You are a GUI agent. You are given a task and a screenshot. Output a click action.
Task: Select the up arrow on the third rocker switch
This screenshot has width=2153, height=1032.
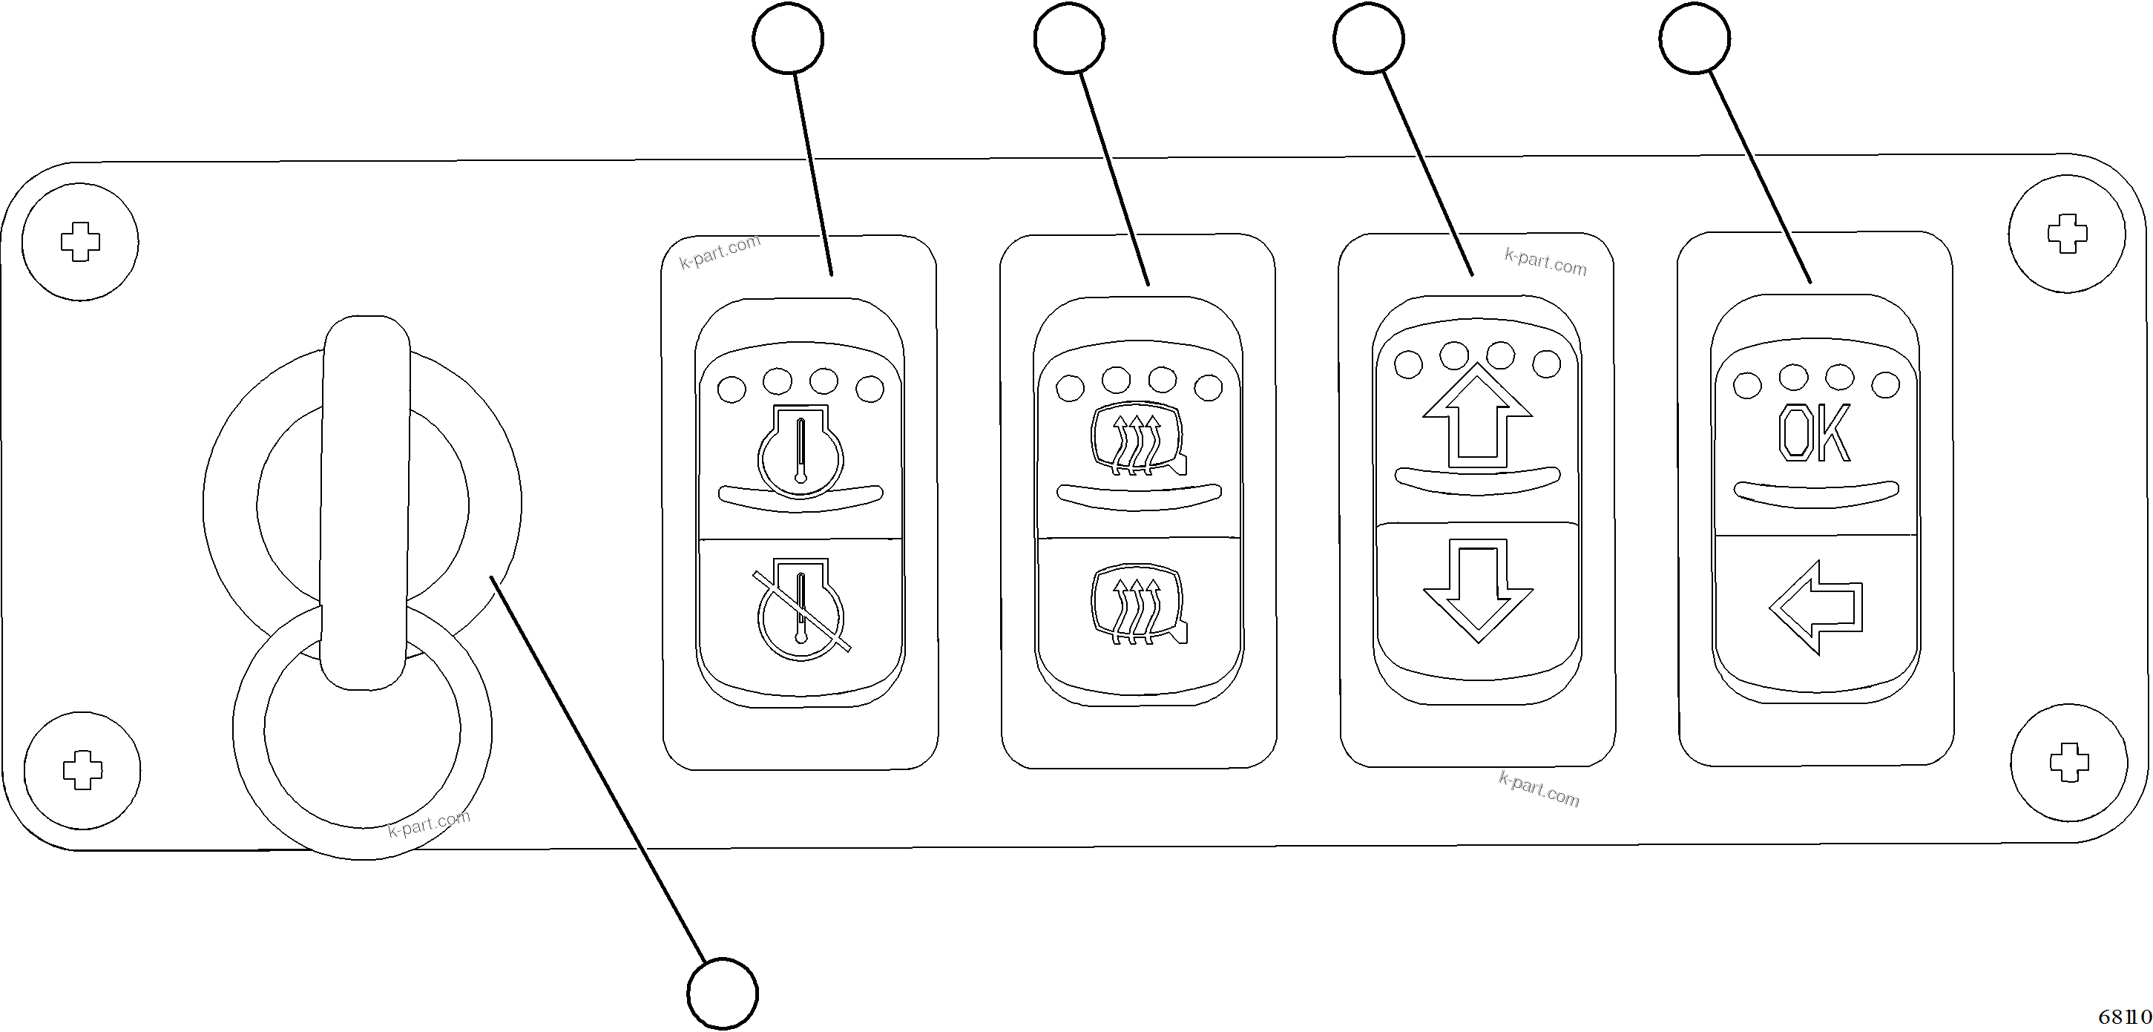(1477, 415)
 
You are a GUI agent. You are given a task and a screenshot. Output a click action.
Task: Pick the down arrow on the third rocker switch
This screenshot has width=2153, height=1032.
(1478, 589)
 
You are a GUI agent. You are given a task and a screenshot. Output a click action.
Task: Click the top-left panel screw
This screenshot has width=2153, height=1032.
(80, 243)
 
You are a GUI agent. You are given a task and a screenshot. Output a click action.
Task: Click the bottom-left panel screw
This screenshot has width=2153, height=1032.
(82, 769)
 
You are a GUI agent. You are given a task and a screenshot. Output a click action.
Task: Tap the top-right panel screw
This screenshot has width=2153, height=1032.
(2067, 234)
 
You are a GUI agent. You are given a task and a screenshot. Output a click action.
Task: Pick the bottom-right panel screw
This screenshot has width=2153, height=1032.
(2069, 762)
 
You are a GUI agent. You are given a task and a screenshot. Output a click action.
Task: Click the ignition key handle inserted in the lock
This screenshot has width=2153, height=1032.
(365, 502)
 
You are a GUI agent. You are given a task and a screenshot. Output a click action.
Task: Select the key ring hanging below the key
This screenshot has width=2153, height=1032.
(362, 732)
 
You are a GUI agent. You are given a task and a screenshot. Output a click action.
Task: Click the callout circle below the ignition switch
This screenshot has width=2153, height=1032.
(722, 993)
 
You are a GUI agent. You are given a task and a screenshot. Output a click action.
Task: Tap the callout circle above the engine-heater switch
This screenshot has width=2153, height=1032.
(787, 39)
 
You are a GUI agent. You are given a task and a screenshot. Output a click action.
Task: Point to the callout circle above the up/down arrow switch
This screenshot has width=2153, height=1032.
(1368, 39)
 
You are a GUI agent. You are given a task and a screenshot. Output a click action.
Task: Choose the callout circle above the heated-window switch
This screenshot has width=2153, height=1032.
(1069, 39)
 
